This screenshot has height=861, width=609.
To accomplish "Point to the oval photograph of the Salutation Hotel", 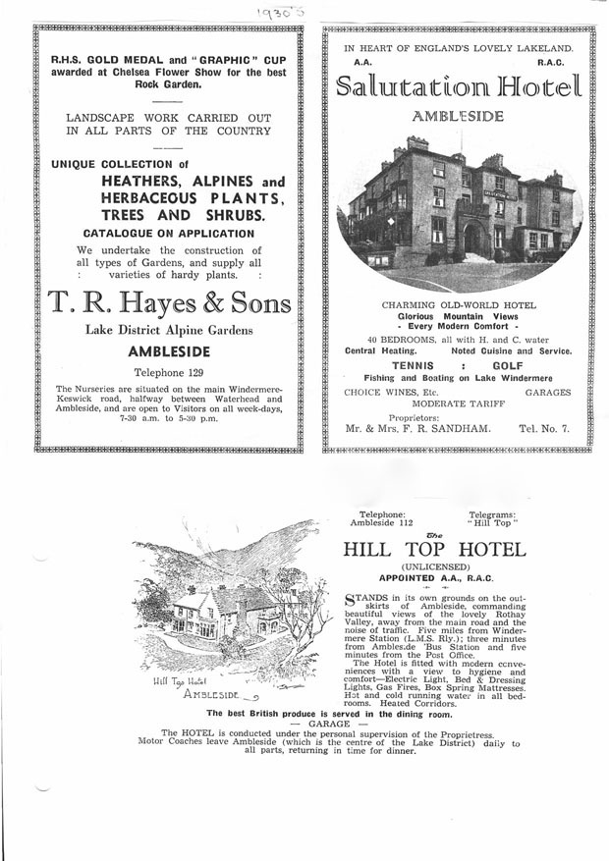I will [x=458, y=207].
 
